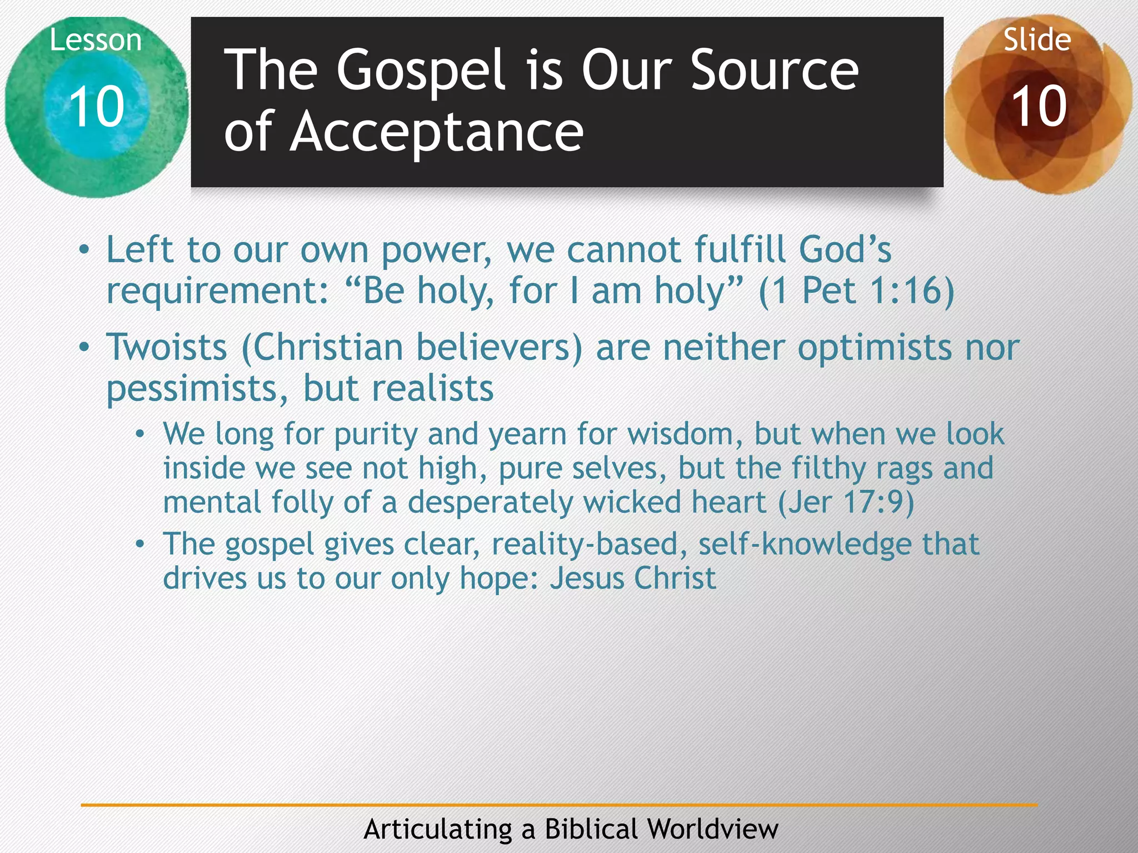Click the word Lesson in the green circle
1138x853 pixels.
[x=96, y=41]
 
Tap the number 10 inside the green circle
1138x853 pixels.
[x=96, y=106]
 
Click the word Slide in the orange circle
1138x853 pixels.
[x=1037, y=40]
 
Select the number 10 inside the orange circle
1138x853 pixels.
[x=1039, y=106]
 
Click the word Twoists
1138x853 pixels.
[x=167, y=348]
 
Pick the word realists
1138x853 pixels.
[x=432, y=388]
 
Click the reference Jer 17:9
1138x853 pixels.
[x=846, y=502]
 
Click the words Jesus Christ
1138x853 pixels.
[x=633, y=579]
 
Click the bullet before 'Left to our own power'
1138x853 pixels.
[x=84, y=250]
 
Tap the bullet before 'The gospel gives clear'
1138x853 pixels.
[x=141, y=544]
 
